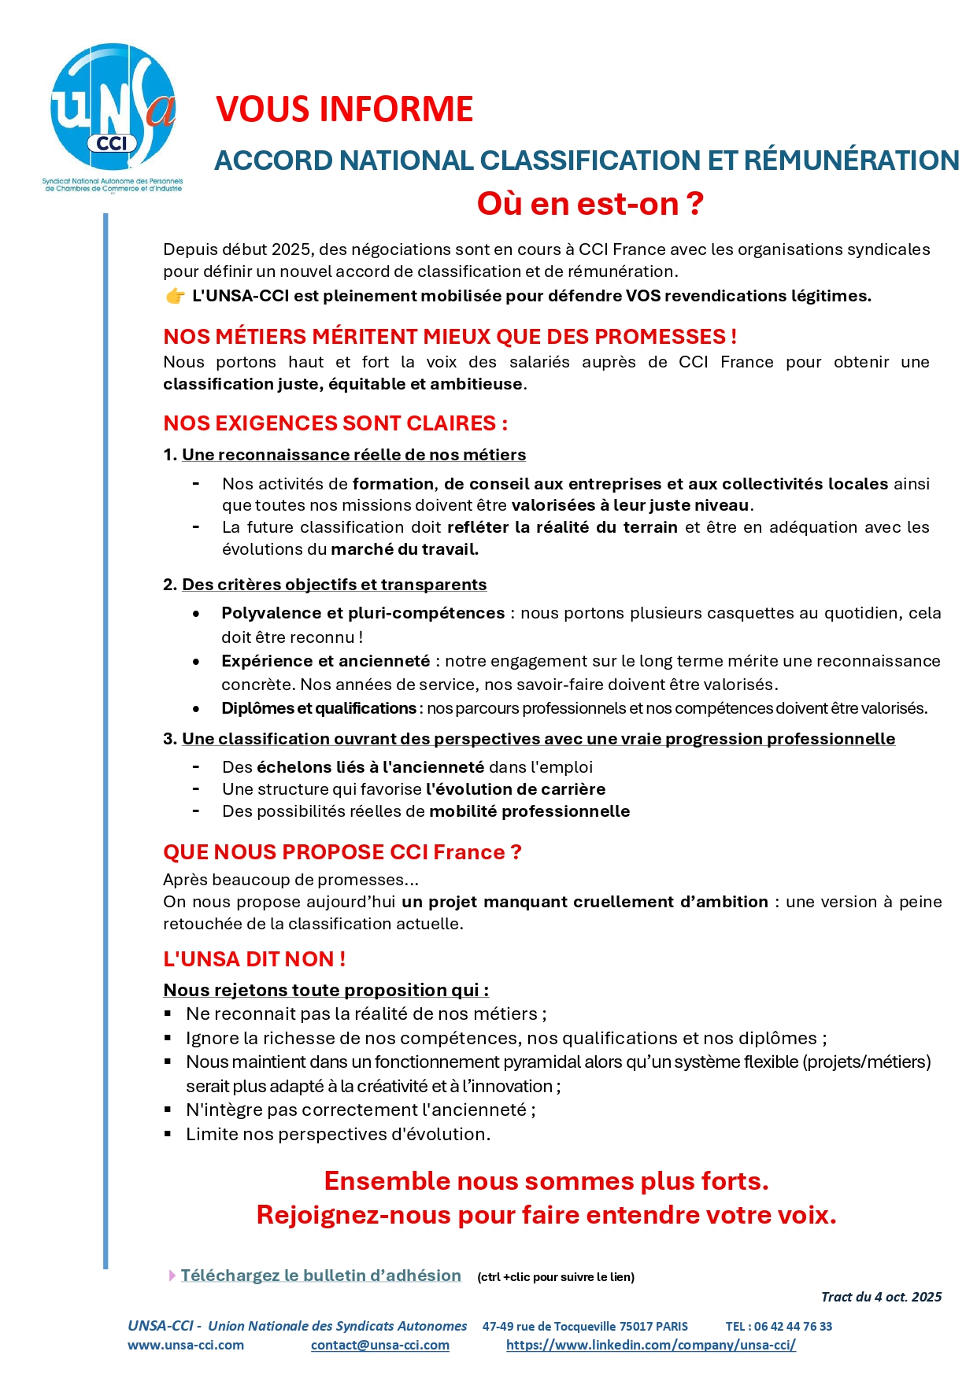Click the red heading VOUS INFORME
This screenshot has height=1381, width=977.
(344, 109)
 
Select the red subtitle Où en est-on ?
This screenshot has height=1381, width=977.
(590, 204)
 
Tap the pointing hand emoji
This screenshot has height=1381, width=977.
(175, 296)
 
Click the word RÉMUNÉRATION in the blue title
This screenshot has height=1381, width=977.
(851, 161)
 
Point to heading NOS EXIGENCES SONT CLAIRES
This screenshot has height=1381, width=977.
(335, 423)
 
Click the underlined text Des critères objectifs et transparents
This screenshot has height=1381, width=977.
(334, 585)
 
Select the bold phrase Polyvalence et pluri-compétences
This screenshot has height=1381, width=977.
(363, 613)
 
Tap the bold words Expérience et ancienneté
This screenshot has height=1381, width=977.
(325, 661)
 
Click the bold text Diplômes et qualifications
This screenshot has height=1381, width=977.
(318, 708)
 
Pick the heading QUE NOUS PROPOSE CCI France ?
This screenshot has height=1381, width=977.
(342, 852)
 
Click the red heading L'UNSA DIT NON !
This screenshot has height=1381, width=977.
(254, 959)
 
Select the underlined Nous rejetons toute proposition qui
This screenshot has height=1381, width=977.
(325, 990)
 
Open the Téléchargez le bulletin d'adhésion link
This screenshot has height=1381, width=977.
(320, 1276)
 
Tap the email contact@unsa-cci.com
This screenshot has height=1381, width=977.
(379, 1345)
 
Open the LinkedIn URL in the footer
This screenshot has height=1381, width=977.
(650, 1345)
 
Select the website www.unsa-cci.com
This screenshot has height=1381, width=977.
(186, 1345)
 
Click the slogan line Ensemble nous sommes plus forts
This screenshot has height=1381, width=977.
(546, 1181)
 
